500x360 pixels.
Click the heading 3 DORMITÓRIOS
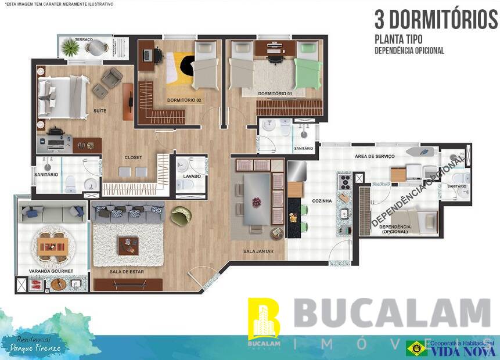tap(436, 20)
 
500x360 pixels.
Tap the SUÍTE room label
tap(99, 110)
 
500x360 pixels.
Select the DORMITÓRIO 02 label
tap(184, 100)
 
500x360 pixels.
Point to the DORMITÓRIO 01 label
tap(274, 93)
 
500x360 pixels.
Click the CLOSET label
tap(133, 157)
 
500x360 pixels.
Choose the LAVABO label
tap(191, 175)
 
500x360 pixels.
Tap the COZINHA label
tap(322, 201)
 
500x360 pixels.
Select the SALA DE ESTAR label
tap(127, 271)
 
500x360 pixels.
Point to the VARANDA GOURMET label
tap(51, 271)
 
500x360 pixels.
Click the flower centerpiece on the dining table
tap(256, 201)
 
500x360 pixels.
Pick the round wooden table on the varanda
tap(53, 246)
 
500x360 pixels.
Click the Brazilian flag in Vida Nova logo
tap(416, 348)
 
